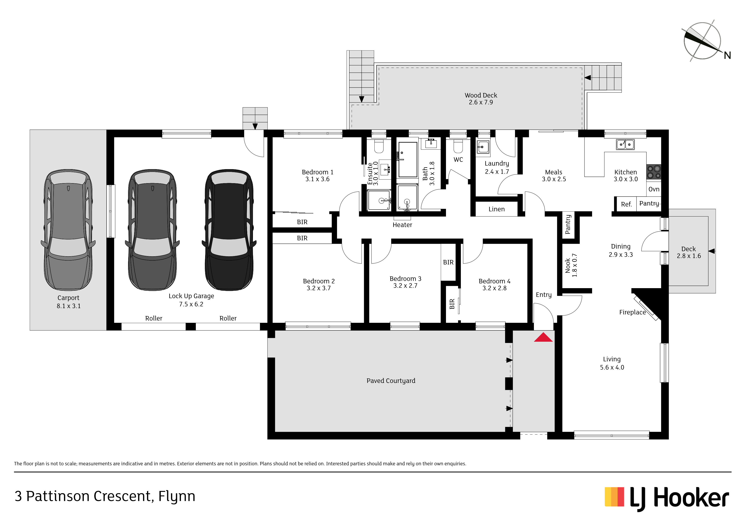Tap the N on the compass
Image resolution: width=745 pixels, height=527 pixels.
[727, 55]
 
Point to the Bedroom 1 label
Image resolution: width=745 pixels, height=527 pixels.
[317, 172]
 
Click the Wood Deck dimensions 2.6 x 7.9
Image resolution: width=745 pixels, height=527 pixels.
[481, 102]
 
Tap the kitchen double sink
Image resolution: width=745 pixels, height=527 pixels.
[625, 144]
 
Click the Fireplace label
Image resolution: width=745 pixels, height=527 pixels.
[632, 312]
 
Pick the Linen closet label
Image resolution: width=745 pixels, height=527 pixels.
[497, 209]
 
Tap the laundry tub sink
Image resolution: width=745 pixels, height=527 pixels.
[483, 147]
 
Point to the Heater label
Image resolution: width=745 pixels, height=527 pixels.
[402, 225]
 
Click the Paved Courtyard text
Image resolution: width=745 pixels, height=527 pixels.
[391, 381]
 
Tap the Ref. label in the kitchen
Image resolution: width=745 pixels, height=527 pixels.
[626, 204]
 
